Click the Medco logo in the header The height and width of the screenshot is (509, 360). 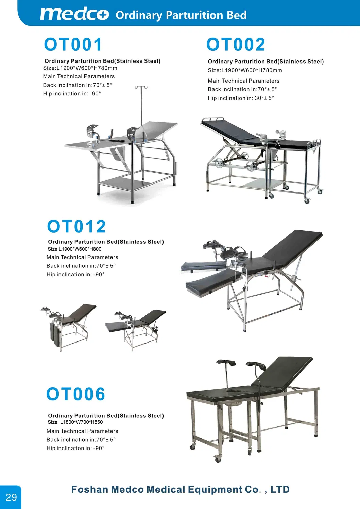[x=74, y=14]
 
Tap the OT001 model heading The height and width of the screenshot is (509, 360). [x=73, y=45]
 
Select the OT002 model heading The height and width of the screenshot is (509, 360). [x=236, y=45]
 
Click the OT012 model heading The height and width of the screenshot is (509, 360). [x=76, y=227]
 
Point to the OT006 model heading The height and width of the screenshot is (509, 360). [x=75, y=394]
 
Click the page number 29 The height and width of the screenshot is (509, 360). [x=11, y=497]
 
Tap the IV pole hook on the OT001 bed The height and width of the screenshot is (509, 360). [x=141, y=88]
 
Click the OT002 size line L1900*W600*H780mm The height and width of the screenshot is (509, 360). [x=245, y=70]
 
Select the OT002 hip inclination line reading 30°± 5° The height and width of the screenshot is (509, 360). [x=241, y=98]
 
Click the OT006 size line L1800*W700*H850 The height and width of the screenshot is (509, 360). [x=75, y=422]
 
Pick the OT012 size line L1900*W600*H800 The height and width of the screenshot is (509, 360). [x=74, y=249]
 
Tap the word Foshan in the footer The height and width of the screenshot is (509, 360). [x=89, y=489]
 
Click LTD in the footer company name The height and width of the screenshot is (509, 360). [x=280, y=489]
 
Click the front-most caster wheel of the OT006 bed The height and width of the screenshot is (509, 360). [x=218, y=459]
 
